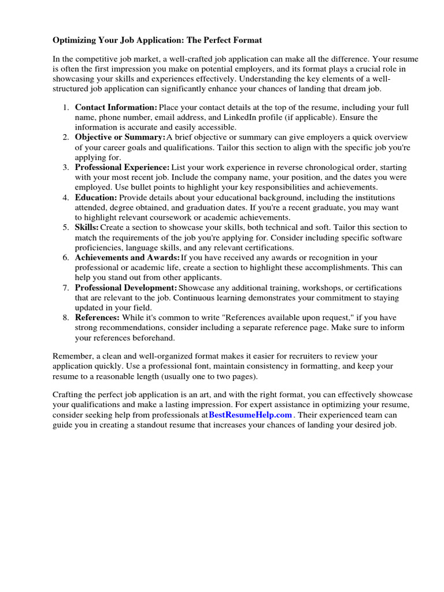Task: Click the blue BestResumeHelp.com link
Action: coord(250,415)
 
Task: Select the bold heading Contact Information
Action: coord(116,108)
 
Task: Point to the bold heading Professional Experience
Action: coord(123,167)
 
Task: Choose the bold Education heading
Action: coord(96,197)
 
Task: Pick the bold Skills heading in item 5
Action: coord(87,227)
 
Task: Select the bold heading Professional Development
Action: coord(126,287)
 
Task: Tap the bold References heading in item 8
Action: coord(97,317)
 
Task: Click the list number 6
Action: coord(66,257)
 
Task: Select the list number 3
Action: coord(66,167)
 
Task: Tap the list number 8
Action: coord(66,317)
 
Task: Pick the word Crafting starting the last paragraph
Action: coord(69,395)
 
